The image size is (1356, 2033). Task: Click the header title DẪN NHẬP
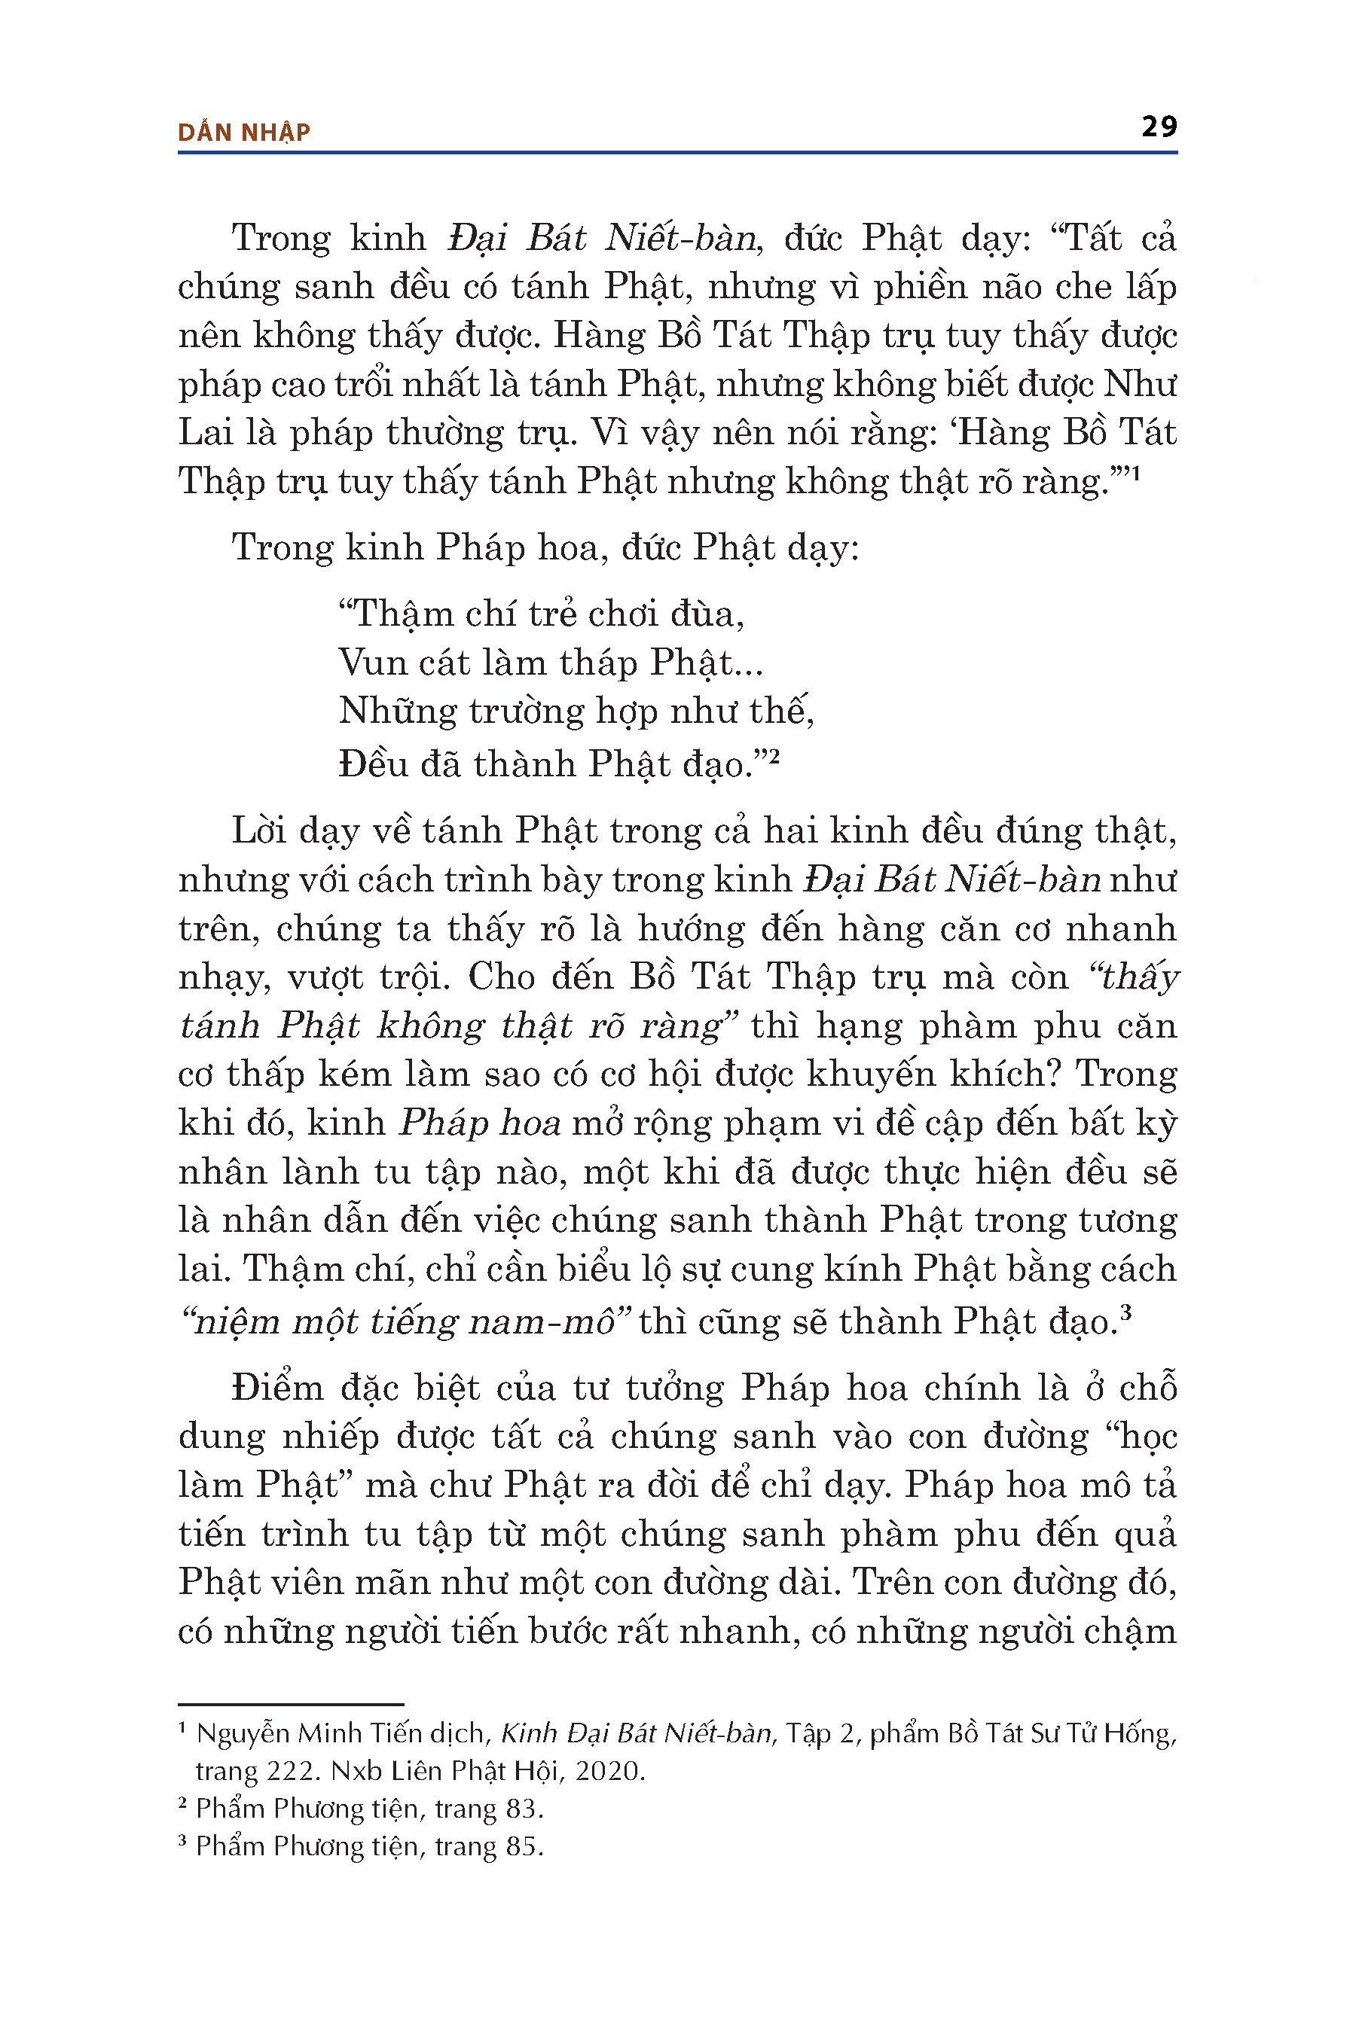pos(244,133)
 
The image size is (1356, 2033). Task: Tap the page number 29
pos(1159,127)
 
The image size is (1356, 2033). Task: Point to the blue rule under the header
pos(677,153)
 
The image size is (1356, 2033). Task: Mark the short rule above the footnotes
pos(291,1704)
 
